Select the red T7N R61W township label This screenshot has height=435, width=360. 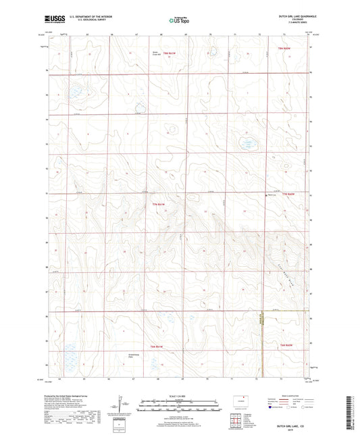click(158, 204)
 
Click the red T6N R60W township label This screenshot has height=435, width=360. click(286, 345)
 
